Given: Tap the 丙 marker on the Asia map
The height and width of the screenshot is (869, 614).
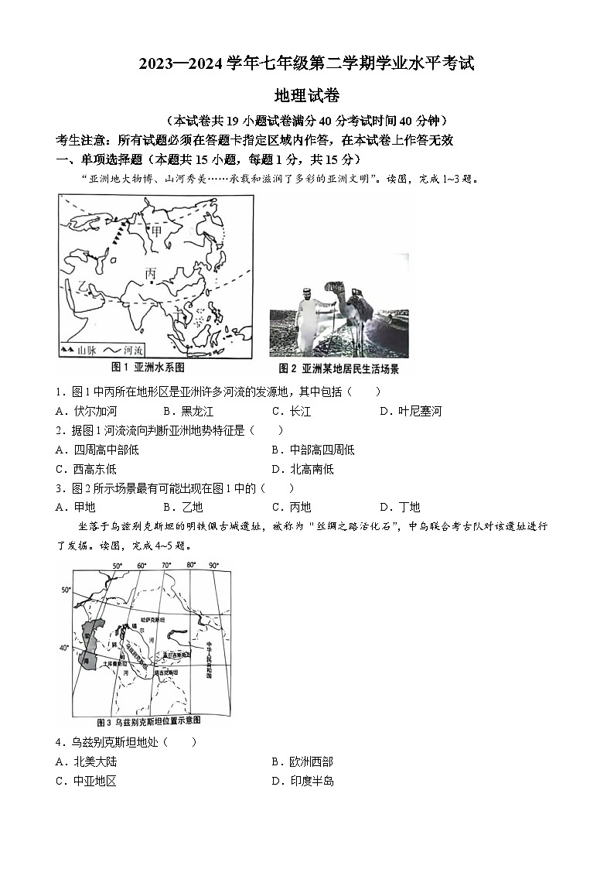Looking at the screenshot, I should pos(150,273).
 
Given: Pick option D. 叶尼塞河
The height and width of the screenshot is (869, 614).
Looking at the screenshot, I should pos(410,411).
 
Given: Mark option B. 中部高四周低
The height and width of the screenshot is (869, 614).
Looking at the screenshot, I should pos(313,450).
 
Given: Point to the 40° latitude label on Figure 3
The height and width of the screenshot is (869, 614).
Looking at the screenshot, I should pos(64,646).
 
